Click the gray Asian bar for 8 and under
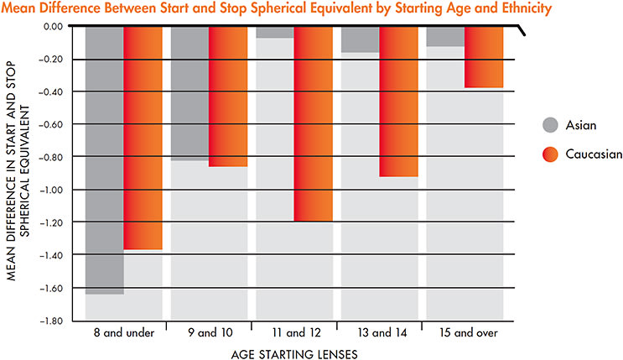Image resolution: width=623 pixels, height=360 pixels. (105, 159)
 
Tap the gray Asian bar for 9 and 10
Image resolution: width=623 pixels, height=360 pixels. (190, 93)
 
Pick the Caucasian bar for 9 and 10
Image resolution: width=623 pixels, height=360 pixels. (228, 96)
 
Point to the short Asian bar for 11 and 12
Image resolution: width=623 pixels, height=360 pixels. (276, 32)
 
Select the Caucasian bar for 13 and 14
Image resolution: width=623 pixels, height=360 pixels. (398, 101)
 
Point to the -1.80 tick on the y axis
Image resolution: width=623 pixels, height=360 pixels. (52, 321)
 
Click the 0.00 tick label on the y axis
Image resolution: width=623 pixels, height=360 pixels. (54, 26)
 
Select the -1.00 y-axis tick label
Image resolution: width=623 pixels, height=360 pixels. (52, 190)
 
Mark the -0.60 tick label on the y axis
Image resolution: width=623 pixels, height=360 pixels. (52, 124)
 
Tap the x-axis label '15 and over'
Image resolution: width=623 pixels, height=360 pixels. (465, 333)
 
